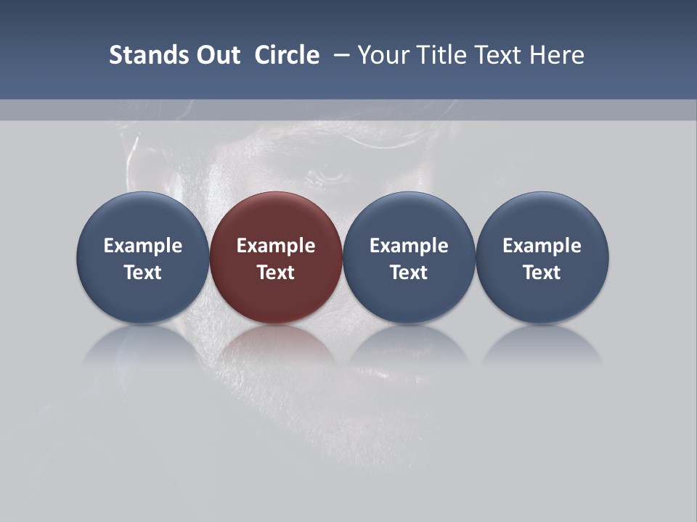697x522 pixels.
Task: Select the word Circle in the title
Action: [287, 55]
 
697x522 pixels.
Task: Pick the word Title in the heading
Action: [439, 55]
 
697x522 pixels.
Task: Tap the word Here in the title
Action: [558, 55]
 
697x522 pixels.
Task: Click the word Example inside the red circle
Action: [276, 246]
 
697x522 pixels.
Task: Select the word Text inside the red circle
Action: [276, 273]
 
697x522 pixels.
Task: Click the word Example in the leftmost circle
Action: [143, 246]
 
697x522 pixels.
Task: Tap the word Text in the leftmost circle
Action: [143, 273]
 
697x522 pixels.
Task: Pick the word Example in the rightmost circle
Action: [542, 246]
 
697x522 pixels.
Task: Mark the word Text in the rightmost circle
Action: [542, 273]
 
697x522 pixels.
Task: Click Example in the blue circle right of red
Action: [409, 246]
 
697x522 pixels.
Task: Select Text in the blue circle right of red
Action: [409, 273]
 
